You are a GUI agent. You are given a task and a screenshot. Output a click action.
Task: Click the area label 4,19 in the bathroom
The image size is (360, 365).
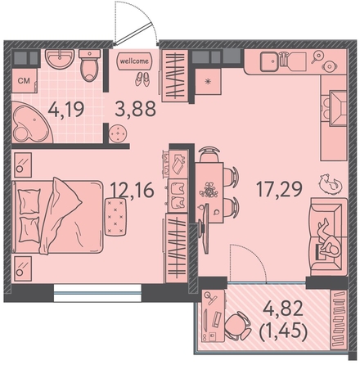(x=66, y=110)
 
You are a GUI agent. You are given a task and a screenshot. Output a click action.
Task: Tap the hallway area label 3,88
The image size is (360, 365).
(x=135, y=109)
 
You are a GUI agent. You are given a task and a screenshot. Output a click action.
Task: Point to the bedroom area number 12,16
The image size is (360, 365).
(x=133, y=190)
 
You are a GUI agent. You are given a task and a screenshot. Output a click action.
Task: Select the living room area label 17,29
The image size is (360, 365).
(x=280, y=189)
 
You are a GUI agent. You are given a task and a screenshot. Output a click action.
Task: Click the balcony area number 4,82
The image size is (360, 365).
(x=283, y=309)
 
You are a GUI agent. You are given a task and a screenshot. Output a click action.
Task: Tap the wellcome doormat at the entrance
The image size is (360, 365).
(x=134, y=61)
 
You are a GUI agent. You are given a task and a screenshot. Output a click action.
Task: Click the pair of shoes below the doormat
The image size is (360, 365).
(x=142, y=79)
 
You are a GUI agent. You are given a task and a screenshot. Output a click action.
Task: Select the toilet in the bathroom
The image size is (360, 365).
(x=90, y=65)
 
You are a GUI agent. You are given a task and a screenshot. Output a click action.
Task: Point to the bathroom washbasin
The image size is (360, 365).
(x=60, y=58)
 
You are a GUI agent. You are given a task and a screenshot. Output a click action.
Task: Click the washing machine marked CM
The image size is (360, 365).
(x=25, y=80)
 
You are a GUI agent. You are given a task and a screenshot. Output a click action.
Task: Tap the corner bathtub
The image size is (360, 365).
(x=30, y=122)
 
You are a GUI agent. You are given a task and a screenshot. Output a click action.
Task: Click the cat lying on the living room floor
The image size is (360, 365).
(x=331, y=184)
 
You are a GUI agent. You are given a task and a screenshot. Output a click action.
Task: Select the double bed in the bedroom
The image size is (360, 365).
(x=57, y=217)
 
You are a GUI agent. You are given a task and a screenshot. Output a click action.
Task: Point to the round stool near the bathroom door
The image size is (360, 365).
(x=118, y=133)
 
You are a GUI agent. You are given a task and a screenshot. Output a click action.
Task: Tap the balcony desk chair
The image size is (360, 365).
(x=238, y=326)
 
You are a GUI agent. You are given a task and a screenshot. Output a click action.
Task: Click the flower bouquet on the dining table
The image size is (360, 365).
(x=209, y=190)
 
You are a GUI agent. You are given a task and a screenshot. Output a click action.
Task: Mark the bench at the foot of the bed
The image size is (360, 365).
(x=115, y=217)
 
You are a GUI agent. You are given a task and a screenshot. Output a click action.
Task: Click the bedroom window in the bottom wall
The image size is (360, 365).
(x=97, y=293)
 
